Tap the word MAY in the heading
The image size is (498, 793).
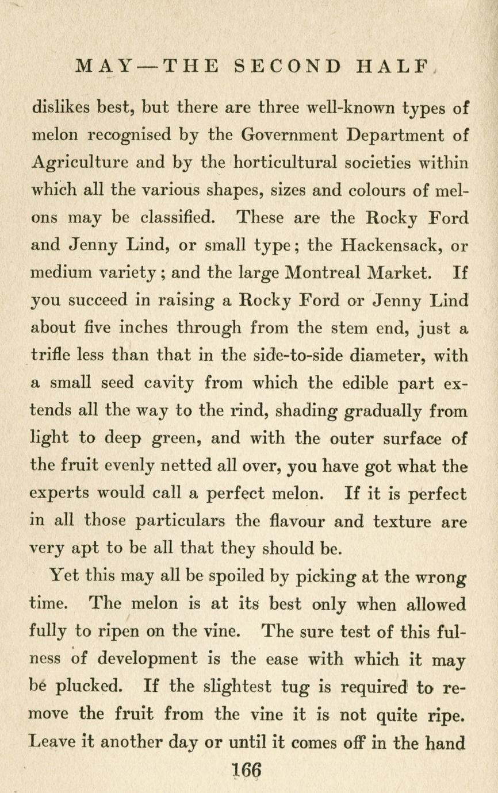104,66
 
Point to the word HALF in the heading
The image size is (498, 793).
393,66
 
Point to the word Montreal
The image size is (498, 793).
323,272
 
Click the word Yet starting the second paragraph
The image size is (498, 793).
64,575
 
